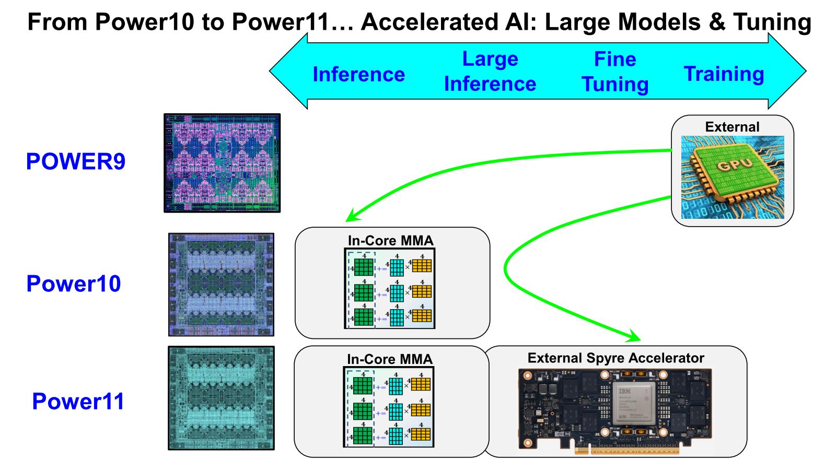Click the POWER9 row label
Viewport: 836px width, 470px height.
[76, 162]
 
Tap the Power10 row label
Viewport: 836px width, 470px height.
[74, 284]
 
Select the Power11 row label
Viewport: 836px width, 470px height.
[78, 402]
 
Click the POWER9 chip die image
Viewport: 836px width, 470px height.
[222, 163]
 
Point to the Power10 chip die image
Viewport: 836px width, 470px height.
[221, 284]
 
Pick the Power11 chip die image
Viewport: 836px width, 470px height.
[221, 398]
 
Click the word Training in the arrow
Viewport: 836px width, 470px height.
[724, 74]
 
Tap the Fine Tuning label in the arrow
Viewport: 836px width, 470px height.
[615, 72]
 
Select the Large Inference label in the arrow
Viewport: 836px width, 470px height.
[490, 72]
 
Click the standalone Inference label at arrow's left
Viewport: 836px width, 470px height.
[359, 75]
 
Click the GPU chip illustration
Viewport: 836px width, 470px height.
[733, 177]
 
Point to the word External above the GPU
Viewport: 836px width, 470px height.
[732, 127]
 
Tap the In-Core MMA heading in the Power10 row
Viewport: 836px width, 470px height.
[391, 241]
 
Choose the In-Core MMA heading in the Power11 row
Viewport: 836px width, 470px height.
[390, 359]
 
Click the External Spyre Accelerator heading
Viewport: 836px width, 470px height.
[616, 358]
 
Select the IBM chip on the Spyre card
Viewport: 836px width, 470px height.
[634, 404]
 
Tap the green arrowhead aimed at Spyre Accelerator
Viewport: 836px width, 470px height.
[635, 335]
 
